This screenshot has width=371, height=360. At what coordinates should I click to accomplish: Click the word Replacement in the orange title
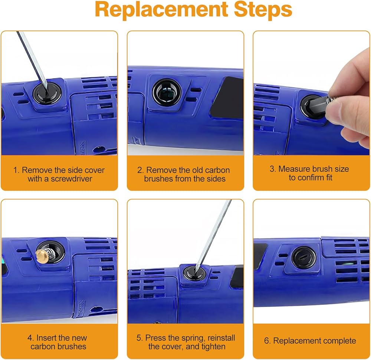[x=161, y=10]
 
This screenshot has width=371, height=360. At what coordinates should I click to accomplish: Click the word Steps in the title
[x=263, y=10]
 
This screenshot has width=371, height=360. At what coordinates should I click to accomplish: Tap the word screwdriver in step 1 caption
[x=72, y=179]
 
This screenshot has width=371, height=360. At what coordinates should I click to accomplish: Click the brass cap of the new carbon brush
[x=41, y=255]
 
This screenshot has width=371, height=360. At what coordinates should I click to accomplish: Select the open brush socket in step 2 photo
[x=167, y=92]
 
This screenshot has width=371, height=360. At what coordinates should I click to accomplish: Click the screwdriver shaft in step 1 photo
[x=32, y=59]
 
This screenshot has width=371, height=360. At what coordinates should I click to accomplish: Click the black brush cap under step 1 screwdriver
[x=47, y=93]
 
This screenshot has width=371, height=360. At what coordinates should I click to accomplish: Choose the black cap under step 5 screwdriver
[x=194, y=274]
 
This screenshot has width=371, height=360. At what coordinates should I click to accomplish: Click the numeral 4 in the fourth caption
[x=30, y=338]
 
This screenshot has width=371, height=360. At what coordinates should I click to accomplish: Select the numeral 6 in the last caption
[x=267, y=341]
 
